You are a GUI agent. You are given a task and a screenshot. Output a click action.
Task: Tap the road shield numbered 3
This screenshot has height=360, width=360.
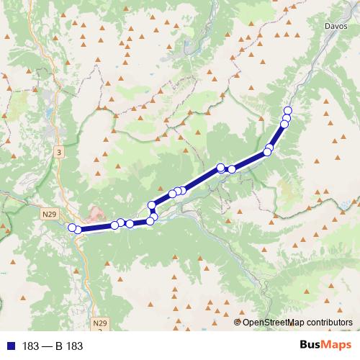click(58, 152)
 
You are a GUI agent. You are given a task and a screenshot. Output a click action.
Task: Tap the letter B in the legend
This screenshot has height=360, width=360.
click(58, 346)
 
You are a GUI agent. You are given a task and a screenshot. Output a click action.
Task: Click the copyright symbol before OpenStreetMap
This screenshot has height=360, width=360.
click(238, 323)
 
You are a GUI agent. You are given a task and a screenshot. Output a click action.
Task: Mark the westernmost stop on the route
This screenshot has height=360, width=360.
click(72, 228)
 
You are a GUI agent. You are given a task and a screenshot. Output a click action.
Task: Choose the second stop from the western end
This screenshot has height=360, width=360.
click(78, 230)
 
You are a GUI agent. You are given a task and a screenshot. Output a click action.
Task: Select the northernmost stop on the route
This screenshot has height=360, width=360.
click(288, 110)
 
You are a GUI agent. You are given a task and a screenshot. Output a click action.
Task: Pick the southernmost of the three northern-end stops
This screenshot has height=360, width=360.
click(284, 124)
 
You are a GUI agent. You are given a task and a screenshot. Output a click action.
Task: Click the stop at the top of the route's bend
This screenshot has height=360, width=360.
click(151, 205)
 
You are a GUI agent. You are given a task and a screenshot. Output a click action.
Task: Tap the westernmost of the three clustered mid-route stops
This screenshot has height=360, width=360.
click(173, 194)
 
